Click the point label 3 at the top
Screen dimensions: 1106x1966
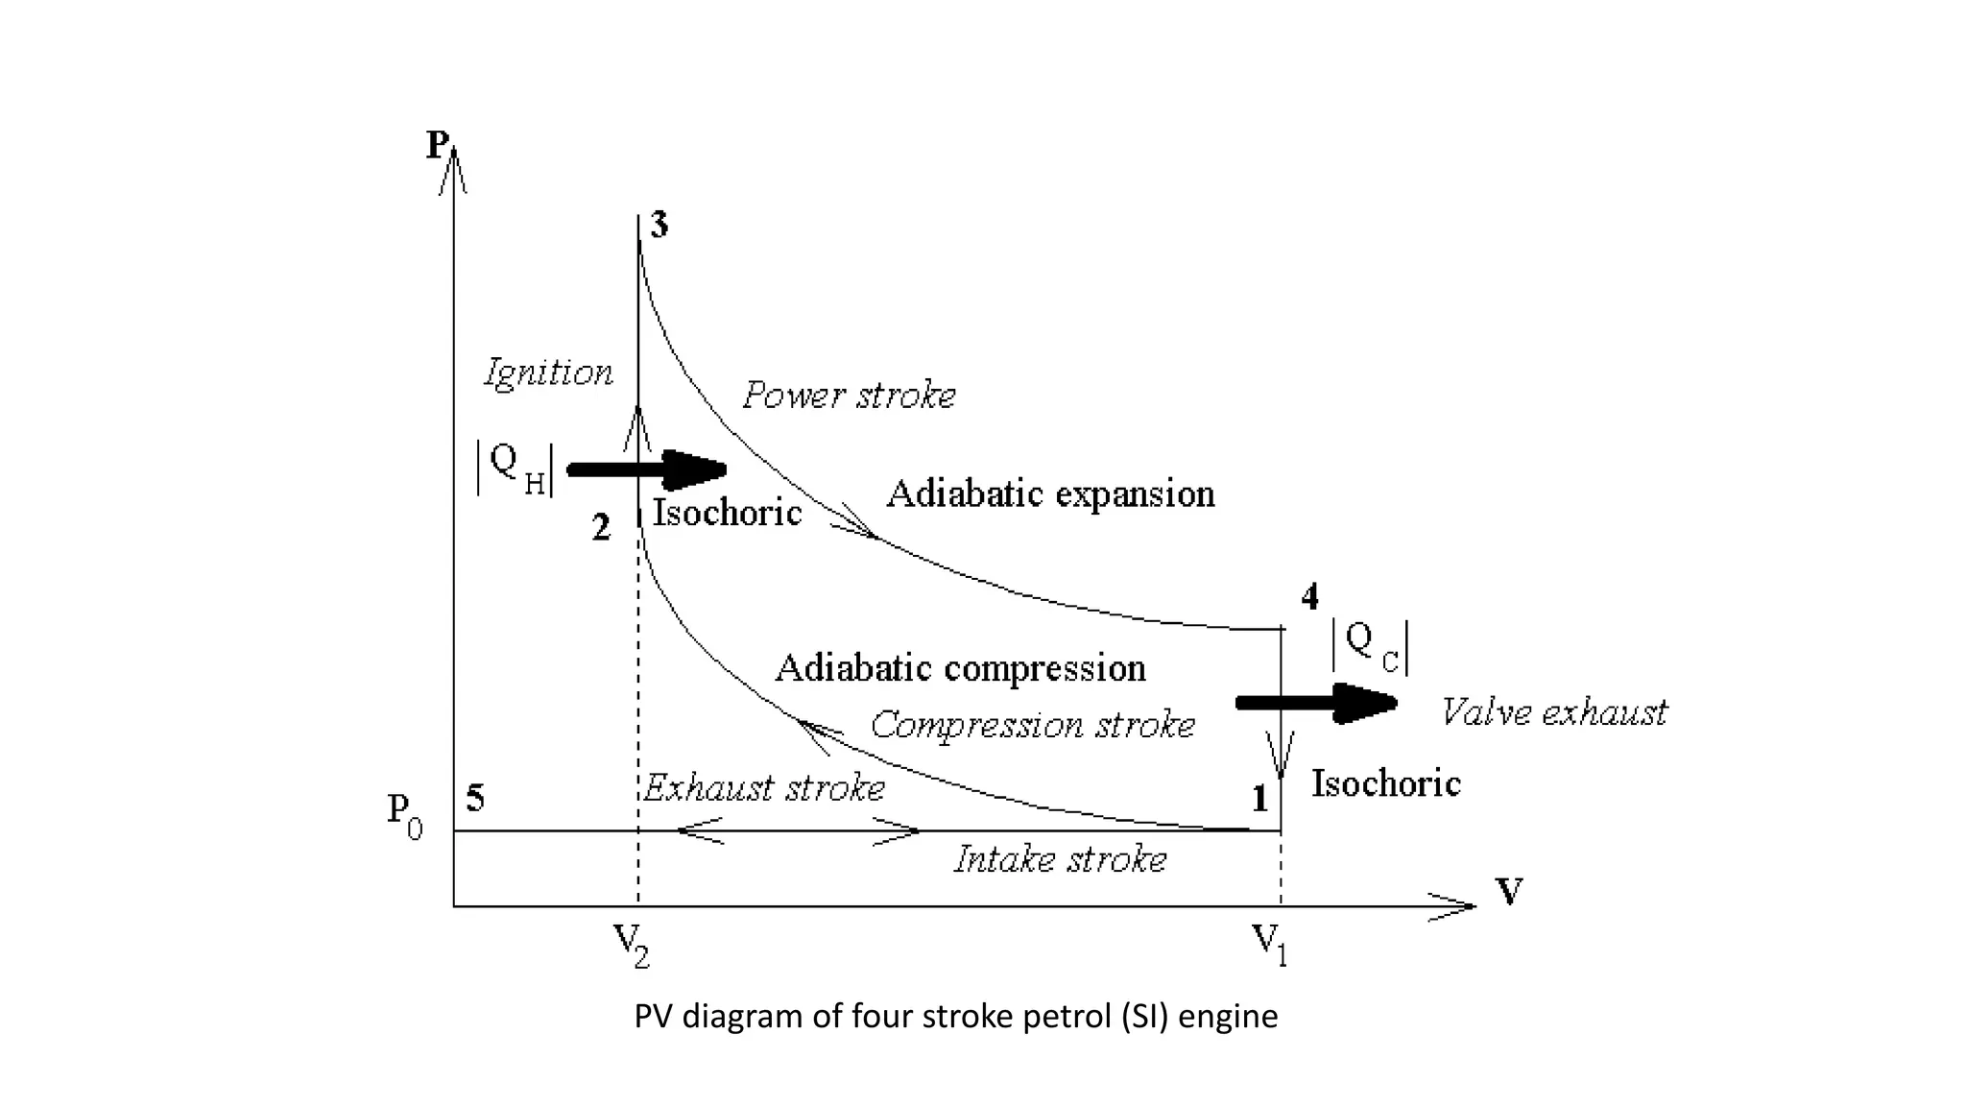coord(659,226)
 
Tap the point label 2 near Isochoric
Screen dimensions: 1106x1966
coord(601,527)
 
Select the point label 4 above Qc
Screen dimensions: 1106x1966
coord(1309,597)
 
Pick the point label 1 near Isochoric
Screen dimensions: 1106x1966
coord(1259,798)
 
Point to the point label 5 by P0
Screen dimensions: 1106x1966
coord(475,798)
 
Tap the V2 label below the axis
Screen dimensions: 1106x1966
coord(632,944)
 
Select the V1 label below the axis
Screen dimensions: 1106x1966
coord(1270,944)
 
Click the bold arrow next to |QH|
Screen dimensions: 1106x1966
coord(647,469)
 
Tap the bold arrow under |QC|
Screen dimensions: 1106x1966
coord(1316,704)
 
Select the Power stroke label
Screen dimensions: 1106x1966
coord(850,396)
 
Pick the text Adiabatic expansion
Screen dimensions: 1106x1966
coord(1050,494)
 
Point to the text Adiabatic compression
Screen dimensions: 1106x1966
coord(960,668)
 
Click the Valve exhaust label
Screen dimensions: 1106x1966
coord(1554,712)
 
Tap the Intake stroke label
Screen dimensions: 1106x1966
coord(1060,859)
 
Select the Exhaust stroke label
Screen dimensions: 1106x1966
coord(763,788)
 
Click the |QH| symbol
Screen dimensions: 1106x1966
coord(515,468)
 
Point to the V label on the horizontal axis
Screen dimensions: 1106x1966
coord(1509,892)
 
